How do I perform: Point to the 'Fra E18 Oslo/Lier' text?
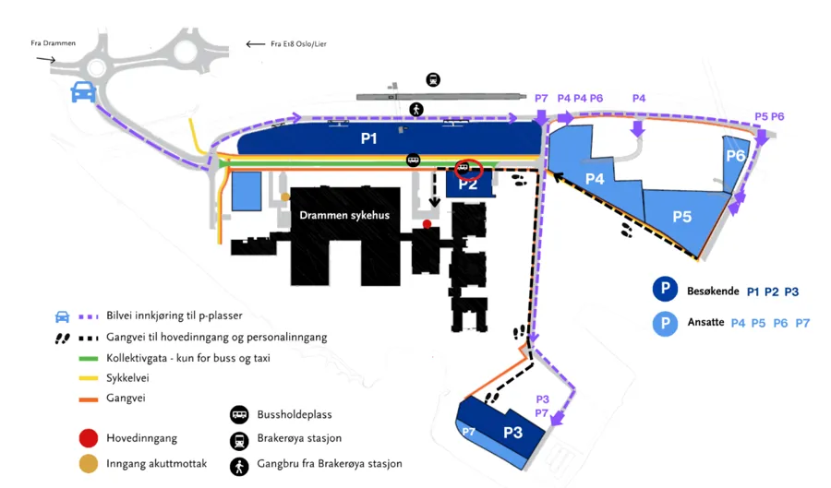tap(294, 43)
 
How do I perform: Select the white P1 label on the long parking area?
tap(369, 140)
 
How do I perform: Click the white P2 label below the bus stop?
tap(468, 184)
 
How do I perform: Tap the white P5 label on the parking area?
tap(681, 217)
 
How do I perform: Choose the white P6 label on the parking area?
tap(735, 156)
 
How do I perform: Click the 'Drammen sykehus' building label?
tap(344, 215)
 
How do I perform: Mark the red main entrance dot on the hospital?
tap(427, 224)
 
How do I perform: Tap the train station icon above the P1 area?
tap(433, 80)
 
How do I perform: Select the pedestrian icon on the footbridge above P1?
tap(417, 110)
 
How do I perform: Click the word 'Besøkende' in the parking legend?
tap(713, 292)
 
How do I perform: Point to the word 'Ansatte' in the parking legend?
tap(705, 323)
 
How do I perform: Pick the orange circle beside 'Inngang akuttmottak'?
tap(89, 463)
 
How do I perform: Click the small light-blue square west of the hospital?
tap(246, 191)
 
